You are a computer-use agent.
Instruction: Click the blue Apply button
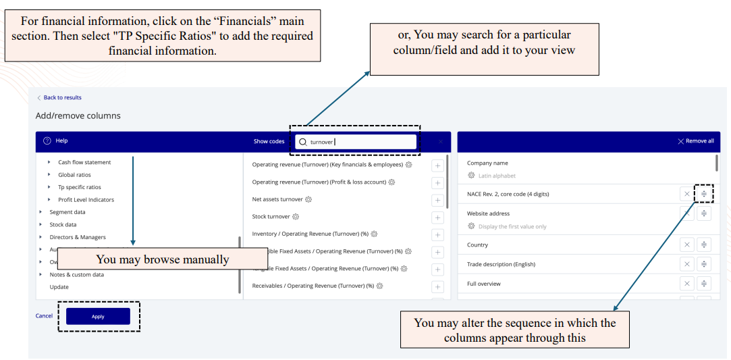[98, 316]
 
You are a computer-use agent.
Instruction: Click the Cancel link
[44, 315]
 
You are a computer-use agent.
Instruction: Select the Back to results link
[62, 97]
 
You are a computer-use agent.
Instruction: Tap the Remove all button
[696, 141]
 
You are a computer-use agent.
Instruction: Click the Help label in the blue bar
[61, 140]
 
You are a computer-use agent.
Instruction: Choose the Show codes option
[269, 141]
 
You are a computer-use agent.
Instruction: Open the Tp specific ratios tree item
[80, 187]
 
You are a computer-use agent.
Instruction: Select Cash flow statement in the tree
[84, 162]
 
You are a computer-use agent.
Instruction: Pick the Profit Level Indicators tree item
[86, 199]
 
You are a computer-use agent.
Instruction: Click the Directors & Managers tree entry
[78, 237]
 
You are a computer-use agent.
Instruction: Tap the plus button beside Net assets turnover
[437, 200]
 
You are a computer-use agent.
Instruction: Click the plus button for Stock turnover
[437, 217]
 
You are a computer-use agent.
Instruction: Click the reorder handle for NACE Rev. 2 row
[704, 194]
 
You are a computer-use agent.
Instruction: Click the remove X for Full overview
[686, 284]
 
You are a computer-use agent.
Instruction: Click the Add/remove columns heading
[78, 115]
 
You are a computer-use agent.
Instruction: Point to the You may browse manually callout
[163, 259]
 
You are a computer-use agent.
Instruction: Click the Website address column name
[488, 213]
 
